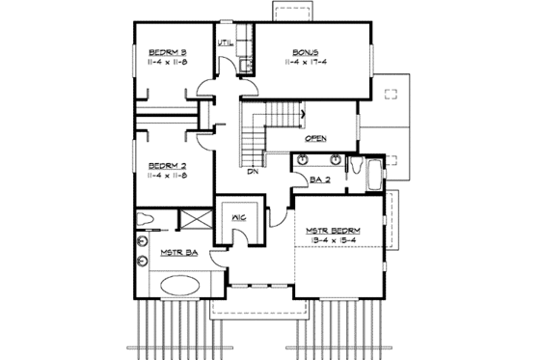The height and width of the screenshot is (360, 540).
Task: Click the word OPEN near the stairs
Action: pos(315,138)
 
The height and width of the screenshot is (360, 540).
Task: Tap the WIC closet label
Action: pos(240,218)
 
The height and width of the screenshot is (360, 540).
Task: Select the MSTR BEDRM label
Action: pos(335,231)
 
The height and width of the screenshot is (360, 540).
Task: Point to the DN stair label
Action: pos(253,174)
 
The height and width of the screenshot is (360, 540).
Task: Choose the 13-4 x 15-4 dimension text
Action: pos(335,241)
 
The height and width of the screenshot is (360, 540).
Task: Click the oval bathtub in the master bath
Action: pos(180,287)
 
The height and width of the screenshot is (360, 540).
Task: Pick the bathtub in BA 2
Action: pos(373,176)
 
